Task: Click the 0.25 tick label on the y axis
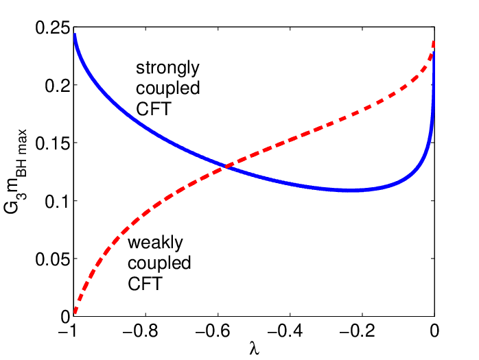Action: [53, 28]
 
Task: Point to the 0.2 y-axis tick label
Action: [58, 86]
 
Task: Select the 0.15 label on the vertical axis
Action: [53, 143]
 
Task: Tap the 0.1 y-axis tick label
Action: [58, 202]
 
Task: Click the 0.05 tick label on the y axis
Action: [53, 259]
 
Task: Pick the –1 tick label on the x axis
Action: [68, 331]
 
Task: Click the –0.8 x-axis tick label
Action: [140, 331]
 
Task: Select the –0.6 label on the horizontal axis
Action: [213, 331]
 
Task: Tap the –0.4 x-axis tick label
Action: [285, 331]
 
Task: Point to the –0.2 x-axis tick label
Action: [358, 331]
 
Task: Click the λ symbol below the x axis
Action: [255, 348]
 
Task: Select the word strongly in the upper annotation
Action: [167, 69]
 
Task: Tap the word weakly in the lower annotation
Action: [155, 243]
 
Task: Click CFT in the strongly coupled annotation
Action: [154, 109]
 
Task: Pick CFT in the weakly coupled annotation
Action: [145, 284]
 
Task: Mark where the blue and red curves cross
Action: [226, 167]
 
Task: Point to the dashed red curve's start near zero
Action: [75, 312]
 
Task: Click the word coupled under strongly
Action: [167, 88]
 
